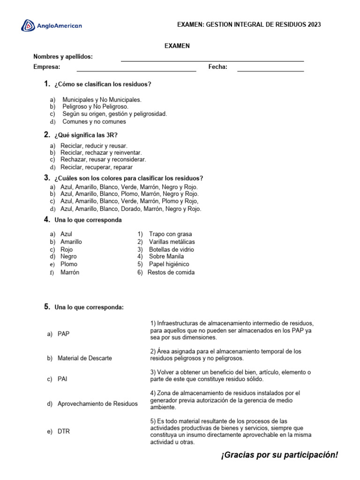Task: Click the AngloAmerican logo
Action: point(52,26)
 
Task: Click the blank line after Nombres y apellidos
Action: point(212,60)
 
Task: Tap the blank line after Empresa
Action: point(136,71)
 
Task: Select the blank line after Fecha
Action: point(270,71)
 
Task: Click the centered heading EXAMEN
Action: point(177,45)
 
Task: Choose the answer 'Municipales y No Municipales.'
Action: point(102,100)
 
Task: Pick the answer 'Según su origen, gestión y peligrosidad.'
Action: point(114,114)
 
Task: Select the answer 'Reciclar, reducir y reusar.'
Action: point(94,146)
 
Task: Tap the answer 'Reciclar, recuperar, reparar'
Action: point(97,167)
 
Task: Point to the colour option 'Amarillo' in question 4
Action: point(71,242)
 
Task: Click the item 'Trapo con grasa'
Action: point(170,234)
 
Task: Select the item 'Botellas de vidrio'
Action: point(171,249)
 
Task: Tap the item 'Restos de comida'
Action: point(171,272)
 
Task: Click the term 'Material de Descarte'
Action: point(84,358)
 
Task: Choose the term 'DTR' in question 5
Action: point(64,431)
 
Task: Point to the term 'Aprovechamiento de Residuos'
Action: point(97,404)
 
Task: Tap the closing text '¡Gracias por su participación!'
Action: point(279,456)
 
